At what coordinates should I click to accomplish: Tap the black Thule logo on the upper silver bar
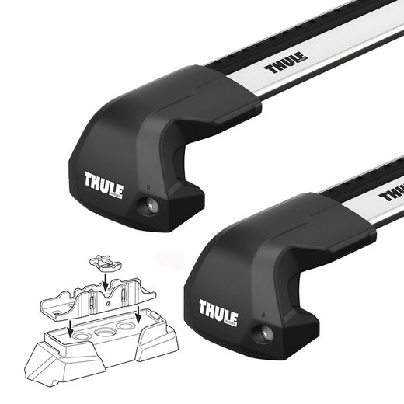click(x=286, y=62)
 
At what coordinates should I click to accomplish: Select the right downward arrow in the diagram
click(x=138, y=315)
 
